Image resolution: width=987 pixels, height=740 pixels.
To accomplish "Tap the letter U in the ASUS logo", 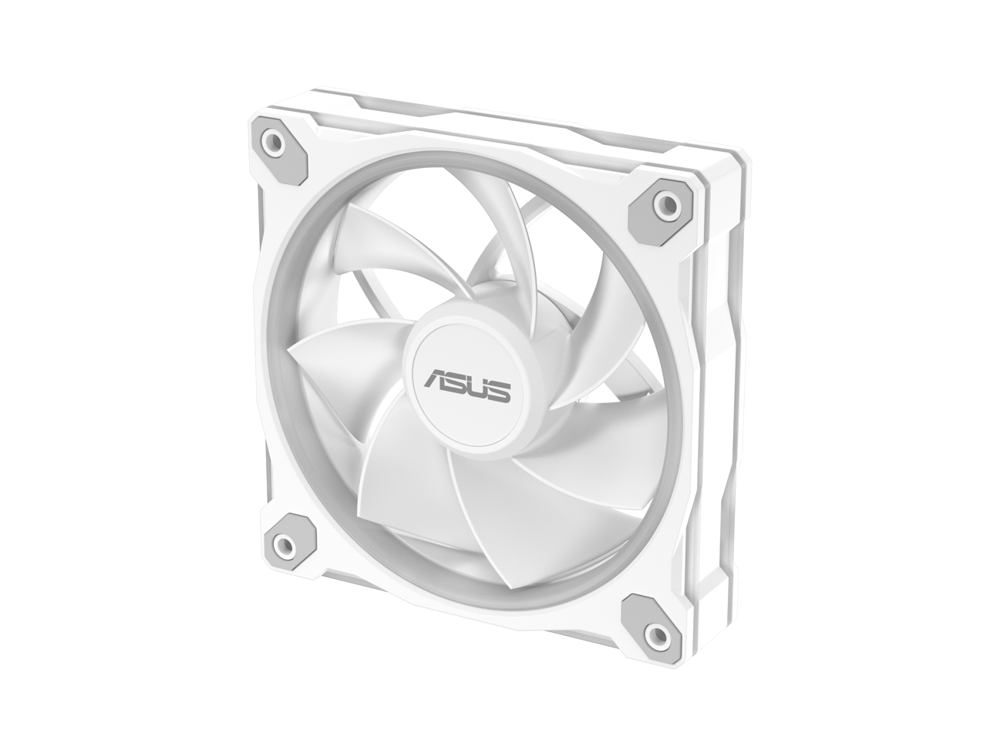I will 477,387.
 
